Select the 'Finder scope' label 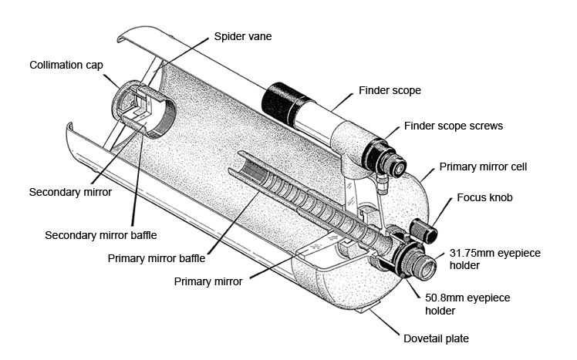[390, 90]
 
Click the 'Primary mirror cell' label [483, 167]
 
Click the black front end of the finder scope [281, 100]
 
